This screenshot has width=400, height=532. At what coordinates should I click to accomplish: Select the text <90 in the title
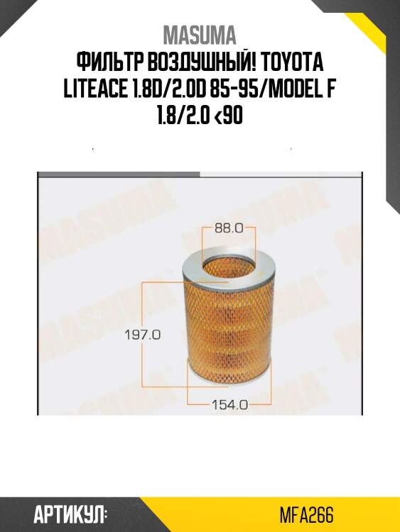(x=229, y=117)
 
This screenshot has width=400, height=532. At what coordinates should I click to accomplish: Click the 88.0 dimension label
(x=229, y=228)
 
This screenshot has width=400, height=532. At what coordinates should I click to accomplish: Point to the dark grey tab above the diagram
(x=118, y=173)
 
